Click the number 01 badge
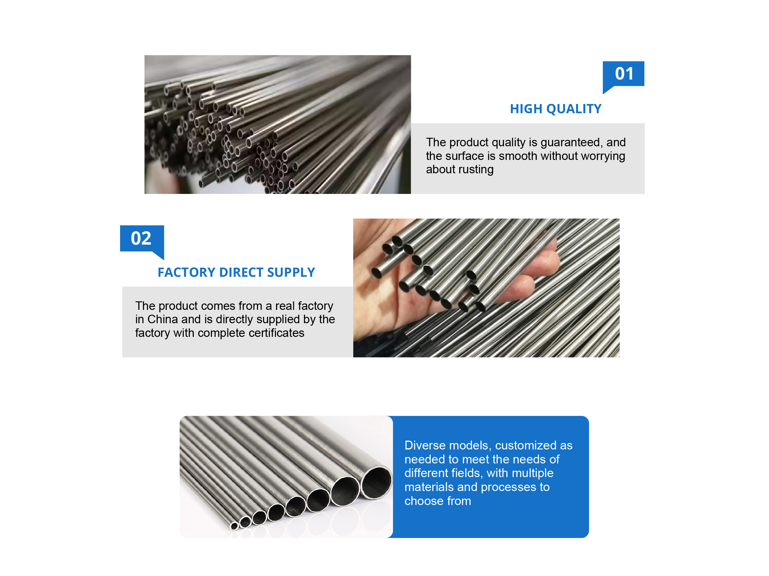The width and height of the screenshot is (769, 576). coord(623,74)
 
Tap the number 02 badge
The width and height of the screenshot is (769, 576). coord(141,239)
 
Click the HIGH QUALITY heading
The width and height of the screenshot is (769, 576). coord(555,109)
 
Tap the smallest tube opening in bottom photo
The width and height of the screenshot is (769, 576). coord(235,526)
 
